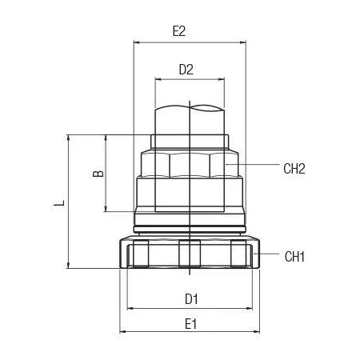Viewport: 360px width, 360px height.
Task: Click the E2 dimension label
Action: [179, 31]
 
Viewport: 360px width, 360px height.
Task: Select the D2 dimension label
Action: [186, 70]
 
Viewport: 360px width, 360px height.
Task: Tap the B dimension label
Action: [98, 174]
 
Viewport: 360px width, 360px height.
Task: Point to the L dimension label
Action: [59, 202]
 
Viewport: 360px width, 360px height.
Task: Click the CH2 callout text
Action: [294, 169]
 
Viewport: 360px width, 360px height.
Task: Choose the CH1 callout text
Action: [294, 257]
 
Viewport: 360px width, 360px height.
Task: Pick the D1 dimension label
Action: [191, 299]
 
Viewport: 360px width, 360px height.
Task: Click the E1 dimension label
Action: [190, 324]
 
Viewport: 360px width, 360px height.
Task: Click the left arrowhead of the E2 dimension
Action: [136, 42]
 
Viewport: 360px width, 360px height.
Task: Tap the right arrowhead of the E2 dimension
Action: [242, 42]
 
